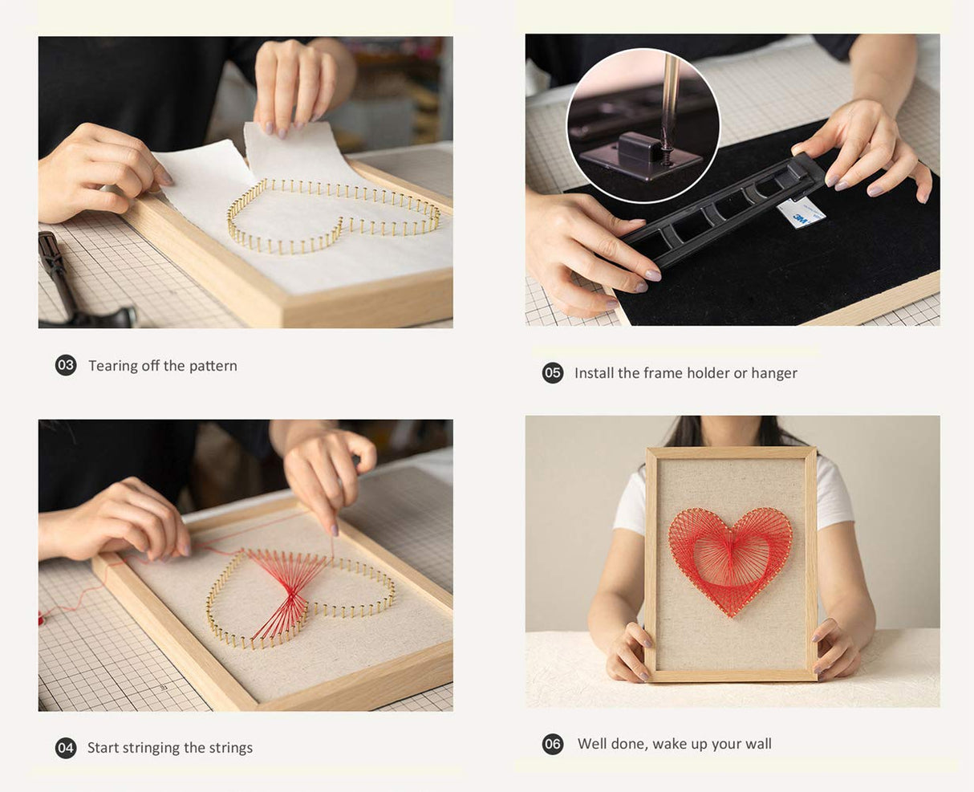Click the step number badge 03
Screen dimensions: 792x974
66,366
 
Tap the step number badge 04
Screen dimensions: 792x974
66,748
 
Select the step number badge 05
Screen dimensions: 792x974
553,373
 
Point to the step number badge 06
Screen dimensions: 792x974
553,744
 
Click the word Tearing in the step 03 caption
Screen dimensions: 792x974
112,366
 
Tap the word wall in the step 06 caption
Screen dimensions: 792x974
757,744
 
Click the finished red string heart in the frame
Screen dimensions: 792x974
730,558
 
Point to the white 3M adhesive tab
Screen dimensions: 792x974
802,213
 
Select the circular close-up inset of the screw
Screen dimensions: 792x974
643,124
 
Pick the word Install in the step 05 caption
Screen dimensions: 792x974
594,373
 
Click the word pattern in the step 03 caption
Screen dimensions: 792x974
213,366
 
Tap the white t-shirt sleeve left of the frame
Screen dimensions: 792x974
631,502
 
